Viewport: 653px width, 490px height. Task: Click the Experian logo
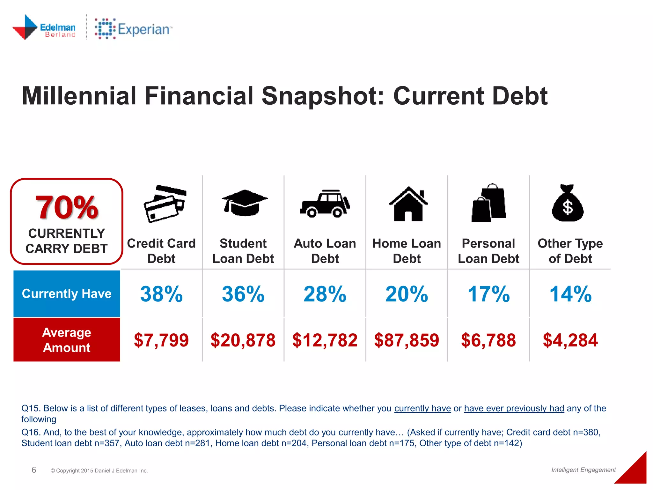point(133,29)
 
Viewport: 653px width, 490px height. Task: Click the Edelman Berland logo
point(44,27)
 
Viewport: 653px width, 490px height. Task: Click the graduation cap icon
point(245,203)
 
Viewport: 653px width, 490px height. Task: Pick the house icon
point(408,204)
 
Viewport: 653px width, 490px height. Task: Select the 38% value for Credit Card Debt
point(161,294)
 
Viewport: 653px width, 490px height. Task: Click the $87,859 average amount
point(407,340)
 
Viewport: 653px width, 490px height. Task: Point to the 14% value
point(570,294)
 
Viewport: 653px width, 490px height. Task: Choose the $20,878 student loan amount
point(243,340)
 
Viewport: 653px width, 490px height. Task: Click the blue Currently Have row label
point(67,293)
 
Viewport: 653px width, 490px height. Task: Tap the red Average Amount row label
point(67,340)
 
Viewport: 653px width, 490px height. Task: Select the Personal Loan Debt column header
point(488,251)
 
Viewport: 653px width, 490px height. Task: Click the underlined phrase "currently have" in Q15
point(422,408)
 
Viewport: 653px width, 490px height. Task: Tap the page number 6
point(34,470)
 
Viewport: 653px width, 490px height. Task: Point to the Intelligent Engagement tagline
point(583,470)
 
